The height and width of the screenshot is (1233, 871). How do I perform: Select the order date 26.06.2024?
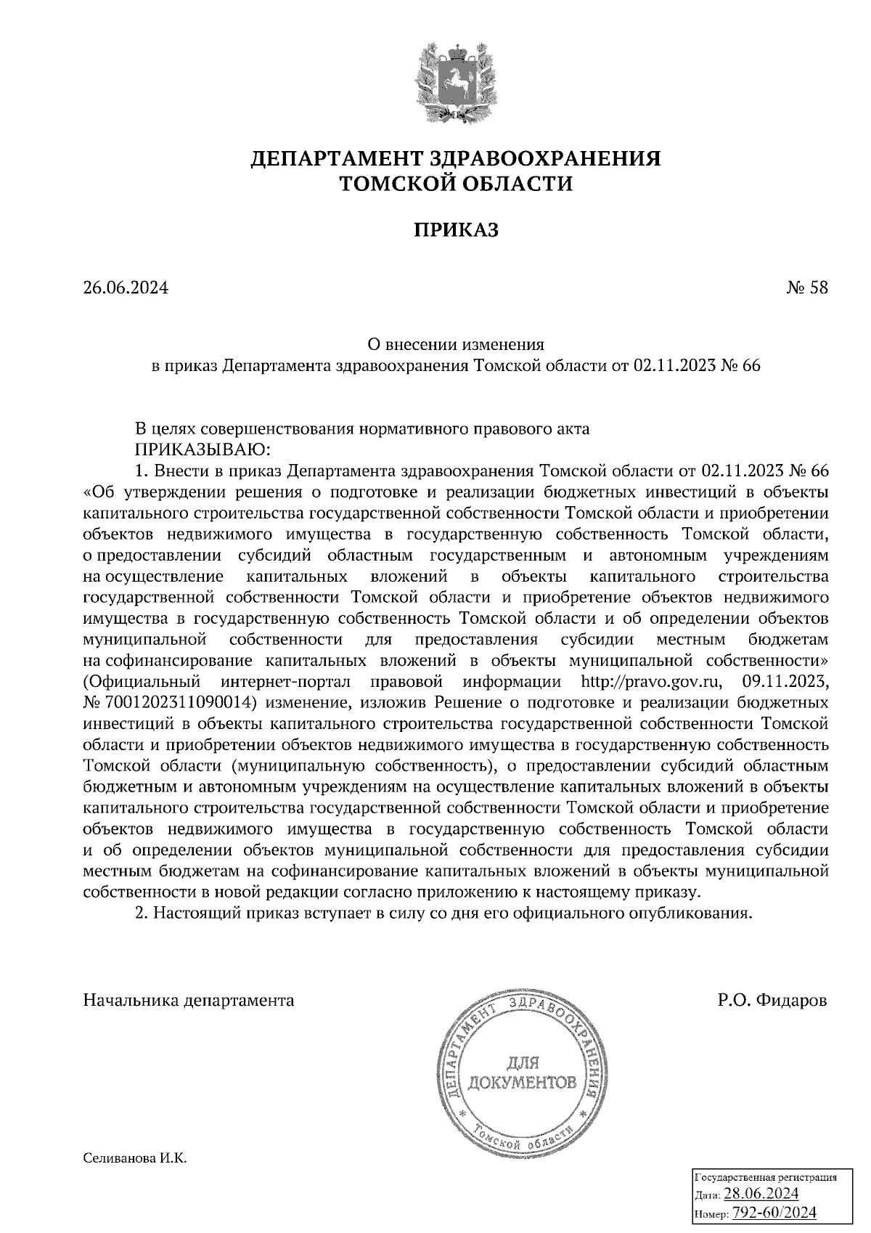point(126,288)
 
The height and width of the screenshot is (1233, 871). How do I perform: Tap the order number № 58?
point(806,288)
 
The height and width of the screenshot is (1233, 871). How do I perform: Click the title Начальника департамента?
point(189,1001)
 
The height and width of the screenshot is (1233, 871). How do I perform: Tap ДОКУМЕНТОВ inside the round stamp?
point(523,1084)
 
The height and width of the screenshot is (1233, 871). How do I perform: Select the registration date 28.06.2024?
point(761,1195)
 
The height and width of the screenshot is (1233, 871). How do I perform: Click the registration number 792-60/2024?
point(774,1213)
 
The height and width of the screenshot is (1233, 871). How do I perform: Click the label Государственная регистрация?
point(766,1178)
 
